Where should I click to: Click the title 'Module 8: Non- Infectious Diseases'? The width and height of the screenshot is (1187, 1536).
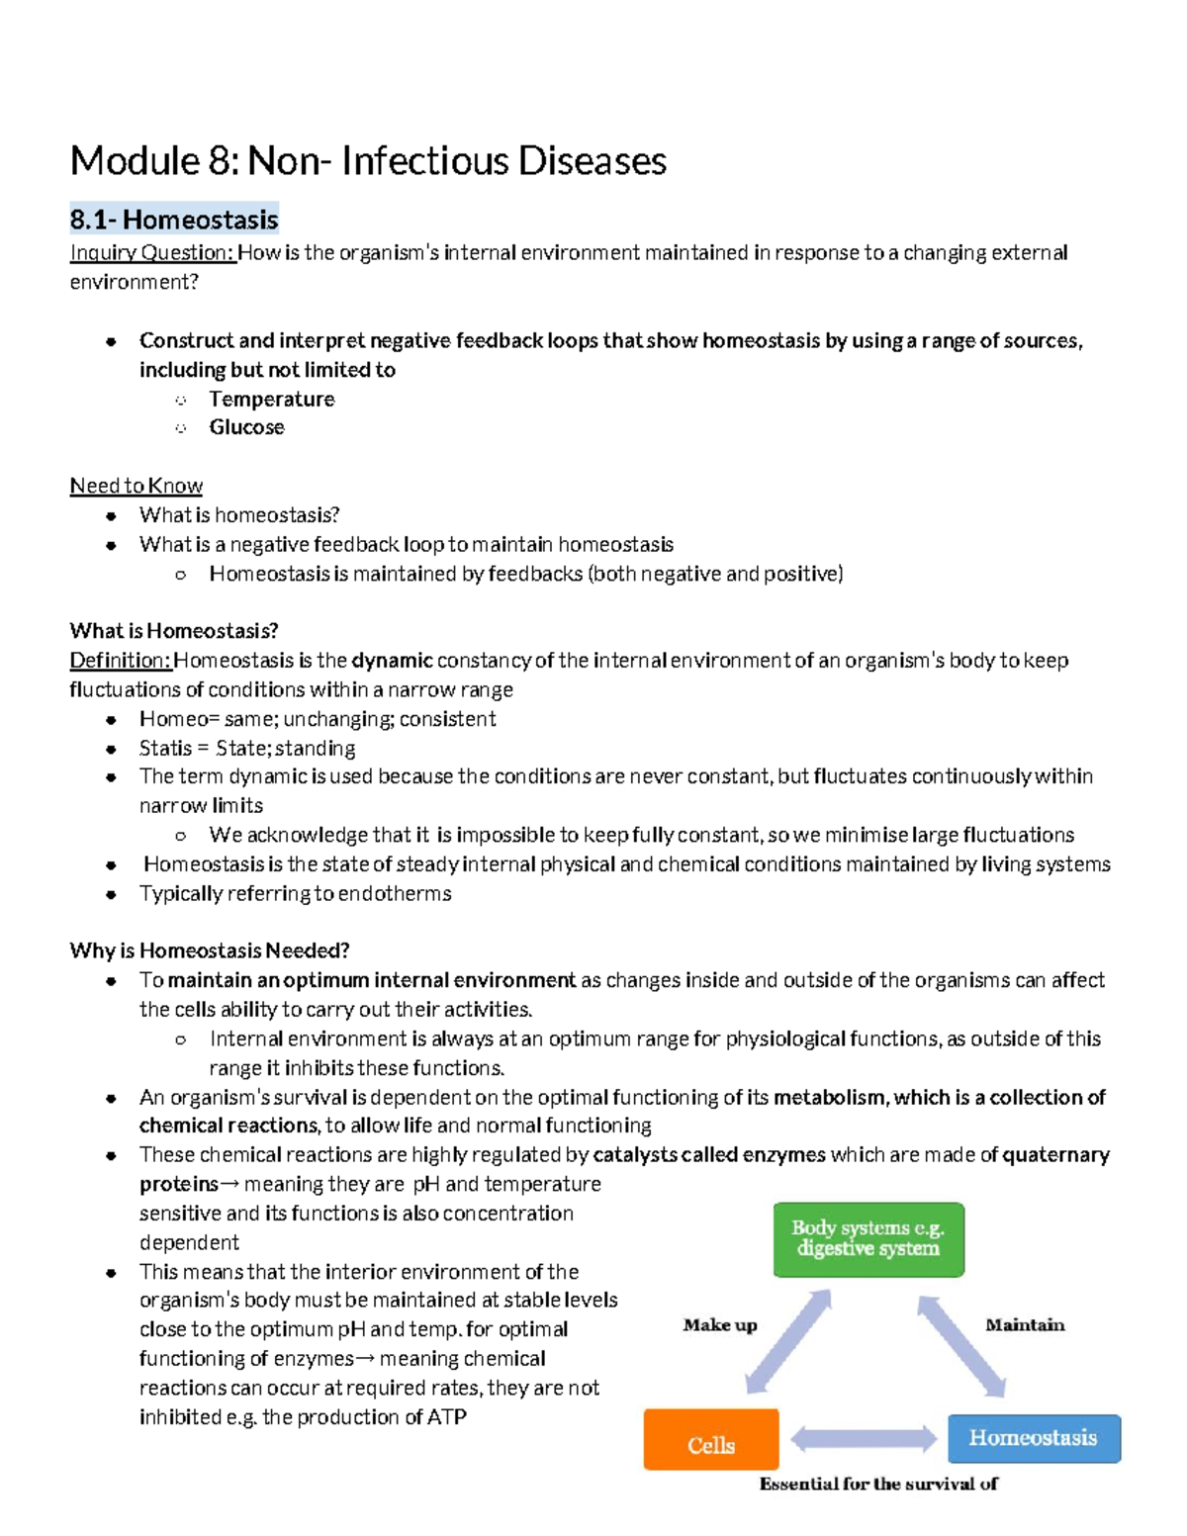368,161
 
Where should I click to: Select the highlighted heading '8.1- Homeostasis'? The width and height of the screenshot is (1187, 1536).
174,219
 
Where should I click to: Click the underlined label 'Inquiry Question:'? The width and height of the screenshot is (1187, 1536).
152,253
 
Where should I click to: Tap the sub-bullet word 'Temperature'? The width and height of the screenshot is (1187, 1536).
271,399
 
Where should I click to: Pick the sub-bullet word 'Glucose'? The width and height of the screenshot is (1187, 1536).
246,427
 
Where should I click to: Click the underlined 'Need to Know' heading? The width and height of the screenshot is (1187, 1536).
136,486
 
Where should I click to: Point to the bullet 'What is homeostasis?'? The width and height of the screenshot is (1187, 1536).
239,515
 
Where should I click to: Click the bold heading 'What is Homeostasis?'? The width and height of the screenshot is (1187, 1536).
174,631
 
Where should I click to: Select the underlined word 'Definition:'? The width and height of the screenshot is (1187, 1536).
121,661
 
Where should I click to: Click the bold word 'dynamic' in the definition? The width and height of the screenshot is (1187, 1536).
392,661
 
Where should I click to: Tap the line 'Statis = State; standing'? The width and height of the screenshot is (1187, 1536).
247,749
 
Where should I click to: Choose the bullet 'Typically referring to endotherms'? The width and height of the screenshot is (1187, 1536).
295,894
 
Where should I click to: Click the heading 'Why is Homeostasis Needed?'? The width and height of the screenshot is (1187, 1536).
210,951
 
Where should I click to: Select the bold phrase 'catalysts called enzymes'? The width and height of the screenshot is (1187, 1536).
708,1155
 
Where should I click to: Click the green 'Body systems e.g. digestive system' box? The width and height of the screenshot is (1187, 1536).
867,1239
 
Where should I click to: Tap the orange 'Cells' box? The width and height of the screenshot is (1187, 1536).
711,1445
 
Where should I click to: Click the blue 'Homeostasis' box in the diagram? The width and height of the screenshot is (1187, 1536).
1033,1438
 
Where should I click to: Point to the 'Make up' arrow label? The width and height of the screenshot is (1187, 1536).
719,1325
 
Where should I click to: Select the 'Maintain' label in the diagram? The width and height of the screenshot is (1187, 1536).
1025,1325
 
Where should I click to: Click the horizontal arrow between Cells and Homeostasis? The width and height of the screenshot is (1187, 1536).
864,1439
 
